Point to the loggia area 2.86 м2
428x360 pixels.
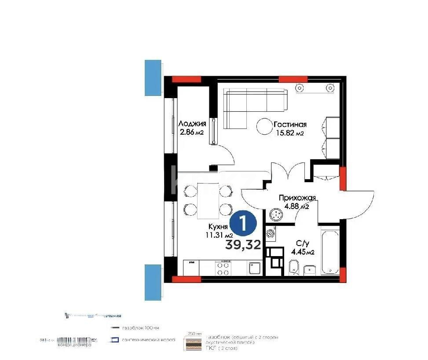pyautogui.click(x=191, y=132)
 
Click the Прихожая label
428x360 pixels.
pyautogui.click(x=297, y=198)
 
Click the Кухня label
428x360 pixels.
pyautogui.click(x=218, y=227)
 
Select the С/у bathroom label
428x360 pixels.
pyautogui.click(x=302, y=244)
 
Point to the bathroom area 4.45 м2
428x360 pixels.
pyautogui.click(x=302, y=252)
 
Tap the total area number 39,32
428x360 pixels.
pyautogui.click(x=243, y=244)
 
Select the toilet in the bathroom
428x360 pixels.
pyautogui.click(x=293, y=266)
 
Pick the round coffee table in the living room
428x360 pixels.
pyautogui.click(x=265, y=127)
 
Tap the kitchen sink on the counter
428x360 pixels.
pyautogui.click(x=255, y=268)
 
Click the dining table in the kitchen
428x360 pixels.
pyautogui.click(x=208, y=200)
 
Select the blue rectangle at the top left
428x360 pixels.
pyautogui.click(x=154, y=77)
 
